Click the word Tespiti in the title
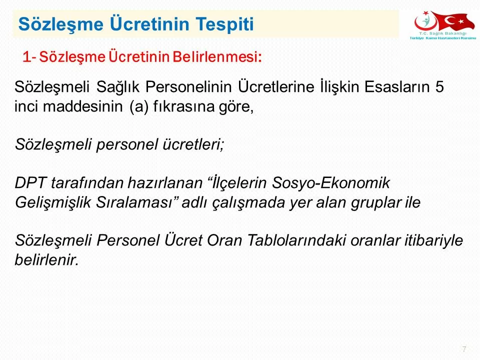tap(224, 24)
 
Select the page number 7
tap(464, 349)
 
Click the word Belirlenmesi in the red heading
tap(216, 56)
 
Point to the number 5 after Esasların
tap(439, 87)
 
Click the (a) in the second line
tap(139, 107)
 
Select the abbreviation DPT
tap(30, 183)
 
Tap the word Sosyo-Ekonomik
tap(330, 183)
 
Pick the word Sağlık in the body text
tap(118, 87)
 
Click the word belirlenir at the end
tap(47, 260)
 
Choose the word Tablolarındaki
tap(296, 240)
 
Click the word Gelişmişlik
tap(52, 202)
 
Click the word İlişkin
tap(339, 87)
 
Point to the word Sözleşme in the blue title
tap(61, 24)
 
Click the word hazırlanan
tap(164, 183)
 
